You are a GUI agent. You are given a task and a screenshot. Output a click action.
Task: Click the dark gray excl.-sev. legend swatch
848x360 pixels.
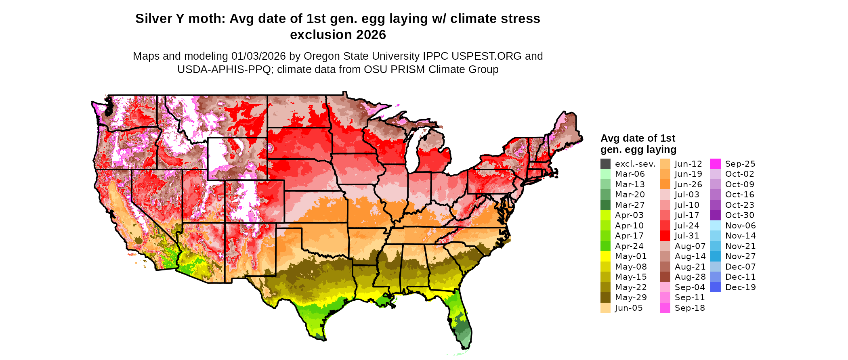coord(605,164)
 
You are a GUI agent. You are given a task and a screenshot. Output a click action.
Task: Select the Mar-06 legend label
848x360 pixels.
coord(630,174)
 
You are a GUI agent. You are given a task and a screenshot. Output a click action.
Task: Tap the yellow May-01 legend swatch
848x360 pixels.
coord(605,256)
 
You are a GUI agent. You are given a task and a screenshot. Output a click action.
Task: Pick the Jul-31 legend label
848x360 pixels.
coord(687,236)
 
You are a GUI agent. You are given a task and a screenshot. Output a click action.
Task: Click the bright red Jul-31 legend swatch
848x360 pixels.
coord(665,236)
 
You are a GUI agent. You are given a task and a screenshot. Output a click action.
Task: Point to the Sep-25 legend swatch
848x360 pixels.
coord(715,164)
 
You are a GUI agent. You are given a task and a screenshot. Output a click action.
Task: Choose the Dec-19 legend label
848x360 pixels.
coord(740,287)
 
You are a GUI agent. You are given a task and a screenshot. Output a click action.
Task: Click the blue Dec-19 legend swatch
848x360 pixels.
coord(715,287)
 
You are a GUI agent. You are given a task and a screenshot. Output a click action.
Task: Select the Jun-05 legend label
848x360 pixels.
coord(628,308)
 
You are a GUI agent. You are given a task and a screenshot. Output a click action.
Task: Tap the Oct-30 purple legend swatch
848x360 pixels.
coord(715,215)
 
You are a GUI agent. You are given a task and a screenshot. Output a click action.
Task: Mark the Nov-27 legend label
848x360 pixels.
coord(740,256)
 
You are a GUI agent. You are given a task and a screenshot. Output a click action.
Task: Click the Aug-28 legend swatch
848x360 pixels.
coord(665,277)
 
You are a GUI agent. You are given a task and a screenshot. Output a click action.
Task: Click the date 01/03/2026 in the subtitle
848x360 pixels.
coord(258,56)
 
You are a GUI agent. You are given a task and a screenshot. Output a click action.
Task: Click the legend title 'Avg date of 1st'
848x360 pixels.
coord(638,138)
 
